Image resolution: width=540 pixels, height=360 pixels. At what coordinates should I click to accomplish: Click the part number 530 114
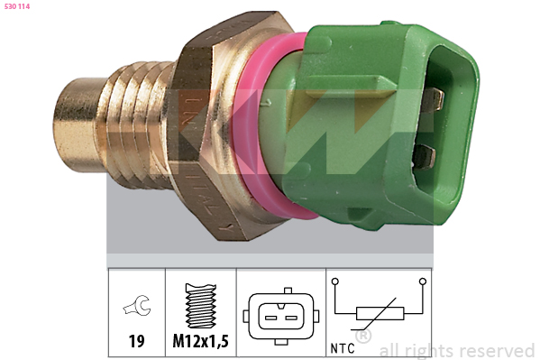click(17, 6)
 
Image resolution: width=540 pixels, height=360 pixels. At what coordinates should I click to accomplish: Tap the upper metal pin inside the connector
click(434, 99)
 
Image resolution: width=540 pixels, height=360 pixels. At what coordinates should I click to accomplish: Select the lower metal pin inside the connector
click(426, 156)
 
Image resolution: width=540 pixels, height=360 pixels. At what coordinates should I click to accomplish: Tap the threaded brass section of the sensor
click(138, 125)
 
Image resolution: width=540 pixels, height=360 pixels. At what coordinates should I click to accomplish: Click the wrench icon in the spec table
click(137, 305)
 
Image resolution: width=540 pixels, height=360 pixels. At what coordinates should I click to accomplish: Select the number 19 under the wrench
click(136, 341)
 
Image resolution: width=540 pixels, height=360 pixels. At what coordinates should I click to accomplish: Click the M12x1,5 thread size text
click(200, 341)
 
